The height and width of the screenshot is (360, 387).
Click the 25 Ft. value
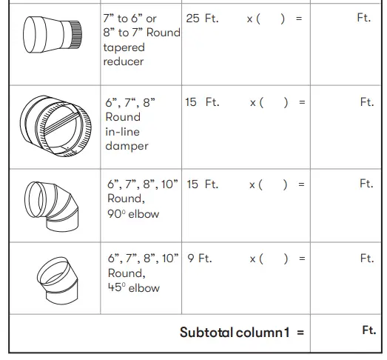[202, 18]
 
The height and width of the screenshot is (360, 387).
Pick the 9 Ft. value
[199, 259]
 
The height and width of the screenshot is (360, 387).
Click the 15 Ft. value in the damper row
[202, 102]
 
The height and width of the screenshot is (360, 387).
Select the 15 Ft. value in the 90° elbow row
[202, 184]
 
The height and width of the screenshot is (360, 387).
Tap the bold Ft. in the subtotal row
[369, 331]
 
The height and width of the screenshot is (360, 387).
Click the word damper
[126, 146]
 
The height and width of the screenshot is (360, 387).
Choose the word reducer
[124, 61]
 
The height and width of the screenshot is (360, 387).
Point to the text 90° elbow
[133, 214]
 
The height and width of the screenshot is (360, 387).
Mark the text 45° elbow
[133, 288]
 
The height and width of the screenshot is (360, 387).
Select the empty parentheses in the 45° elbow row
[273, 259]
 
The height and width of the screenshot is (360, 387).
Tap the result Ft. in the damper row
[367, 102]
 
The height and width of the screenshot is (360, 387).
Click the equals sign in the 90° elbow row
[301, 184]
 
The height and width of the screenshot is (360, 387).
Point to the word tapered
[124, 47]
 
